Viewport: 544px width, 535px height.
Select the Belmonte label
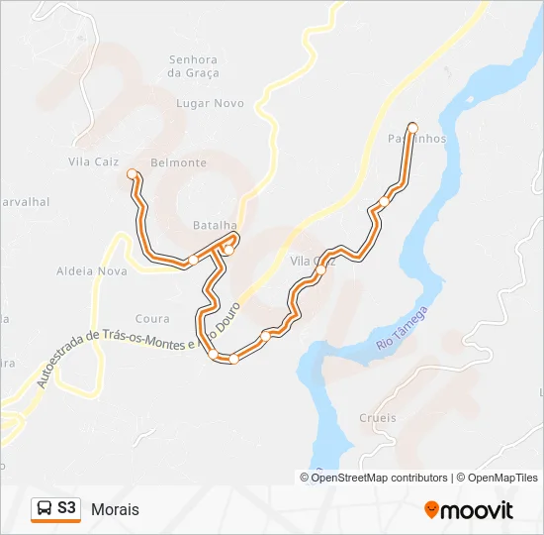click(178, 162)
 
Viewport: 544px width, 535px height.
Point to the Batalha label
click(215, 226)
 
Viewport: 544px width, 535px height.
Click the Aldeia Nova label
click(92, 270)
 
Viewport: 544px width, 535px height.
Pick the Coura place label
click(152, 319)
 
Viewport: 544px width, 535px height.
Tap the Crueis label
click(378, 418)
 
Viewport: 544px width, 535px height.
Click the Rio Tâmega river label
click(403, 330)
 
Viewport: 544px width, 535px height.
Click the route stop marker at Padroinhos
click(412, 127)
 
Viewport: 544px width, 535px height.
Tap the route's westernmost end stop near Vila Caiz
click(133, 173)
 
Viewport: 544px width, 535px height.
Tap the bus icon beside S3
click(45, 509)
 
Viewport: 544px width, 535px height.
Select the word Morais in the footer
click(115, 509)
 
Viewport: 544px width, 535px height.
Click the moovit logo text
click(477, 510)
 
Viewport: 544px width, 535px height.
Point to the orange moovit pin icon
click(431, 510)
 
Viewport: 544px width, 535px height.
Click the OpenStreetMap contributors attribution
click(379, 478)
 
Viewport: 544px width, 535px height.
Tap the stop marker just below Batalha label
click(227, 250)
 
